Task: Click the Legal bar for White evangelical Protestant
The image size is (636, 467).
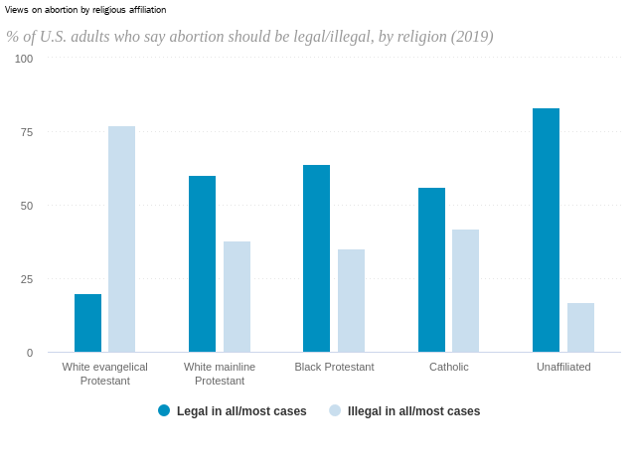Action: click(87, 323)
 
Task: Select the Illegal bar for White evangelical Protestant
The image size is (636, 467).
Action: click(121, 239)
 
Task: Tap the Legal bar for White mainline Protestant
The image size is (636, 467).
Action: click(202, 264)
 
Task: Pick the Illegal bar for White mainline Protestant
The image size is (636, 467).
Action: click(237, 297)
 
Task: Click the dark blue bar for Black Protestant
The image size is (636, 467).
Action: click(316, 258)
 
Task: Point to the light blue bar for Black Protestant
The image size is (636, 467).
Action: click(351, 301)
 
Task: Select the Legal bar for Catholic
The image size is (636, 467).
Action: click(431, 270)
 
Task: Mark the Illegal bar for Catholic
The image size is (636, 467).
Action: click(465, 291)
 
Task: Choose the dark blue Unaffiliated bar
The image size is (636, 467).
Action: click(546, 231)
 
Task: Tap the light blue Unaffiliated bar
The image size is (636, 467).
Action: click(580, 328)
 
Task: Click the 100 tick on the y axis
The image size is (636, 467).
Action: click(24, 59)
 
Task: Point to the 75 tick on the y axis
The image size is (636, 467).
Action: click(26, 132)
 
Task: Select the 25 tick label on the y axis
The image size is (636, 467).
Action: click(26, 279)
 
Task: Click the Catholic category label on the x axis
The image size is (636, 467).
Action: click(448, 367)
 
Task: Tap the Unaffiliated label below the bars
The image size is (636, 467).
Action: click(563, 367)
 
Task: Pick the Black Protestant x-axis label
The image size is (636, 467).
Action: click(334, 367)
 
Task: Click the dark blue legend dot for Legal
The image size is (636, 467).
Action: click(164, 410)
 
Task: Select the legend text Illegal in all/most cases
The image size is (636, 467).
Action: click(413, 411)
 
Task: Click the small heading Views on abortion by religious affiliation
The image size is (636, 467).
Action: click(85, 9)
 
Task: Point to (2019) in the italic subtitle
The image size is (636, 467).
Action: click(472, 37)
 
